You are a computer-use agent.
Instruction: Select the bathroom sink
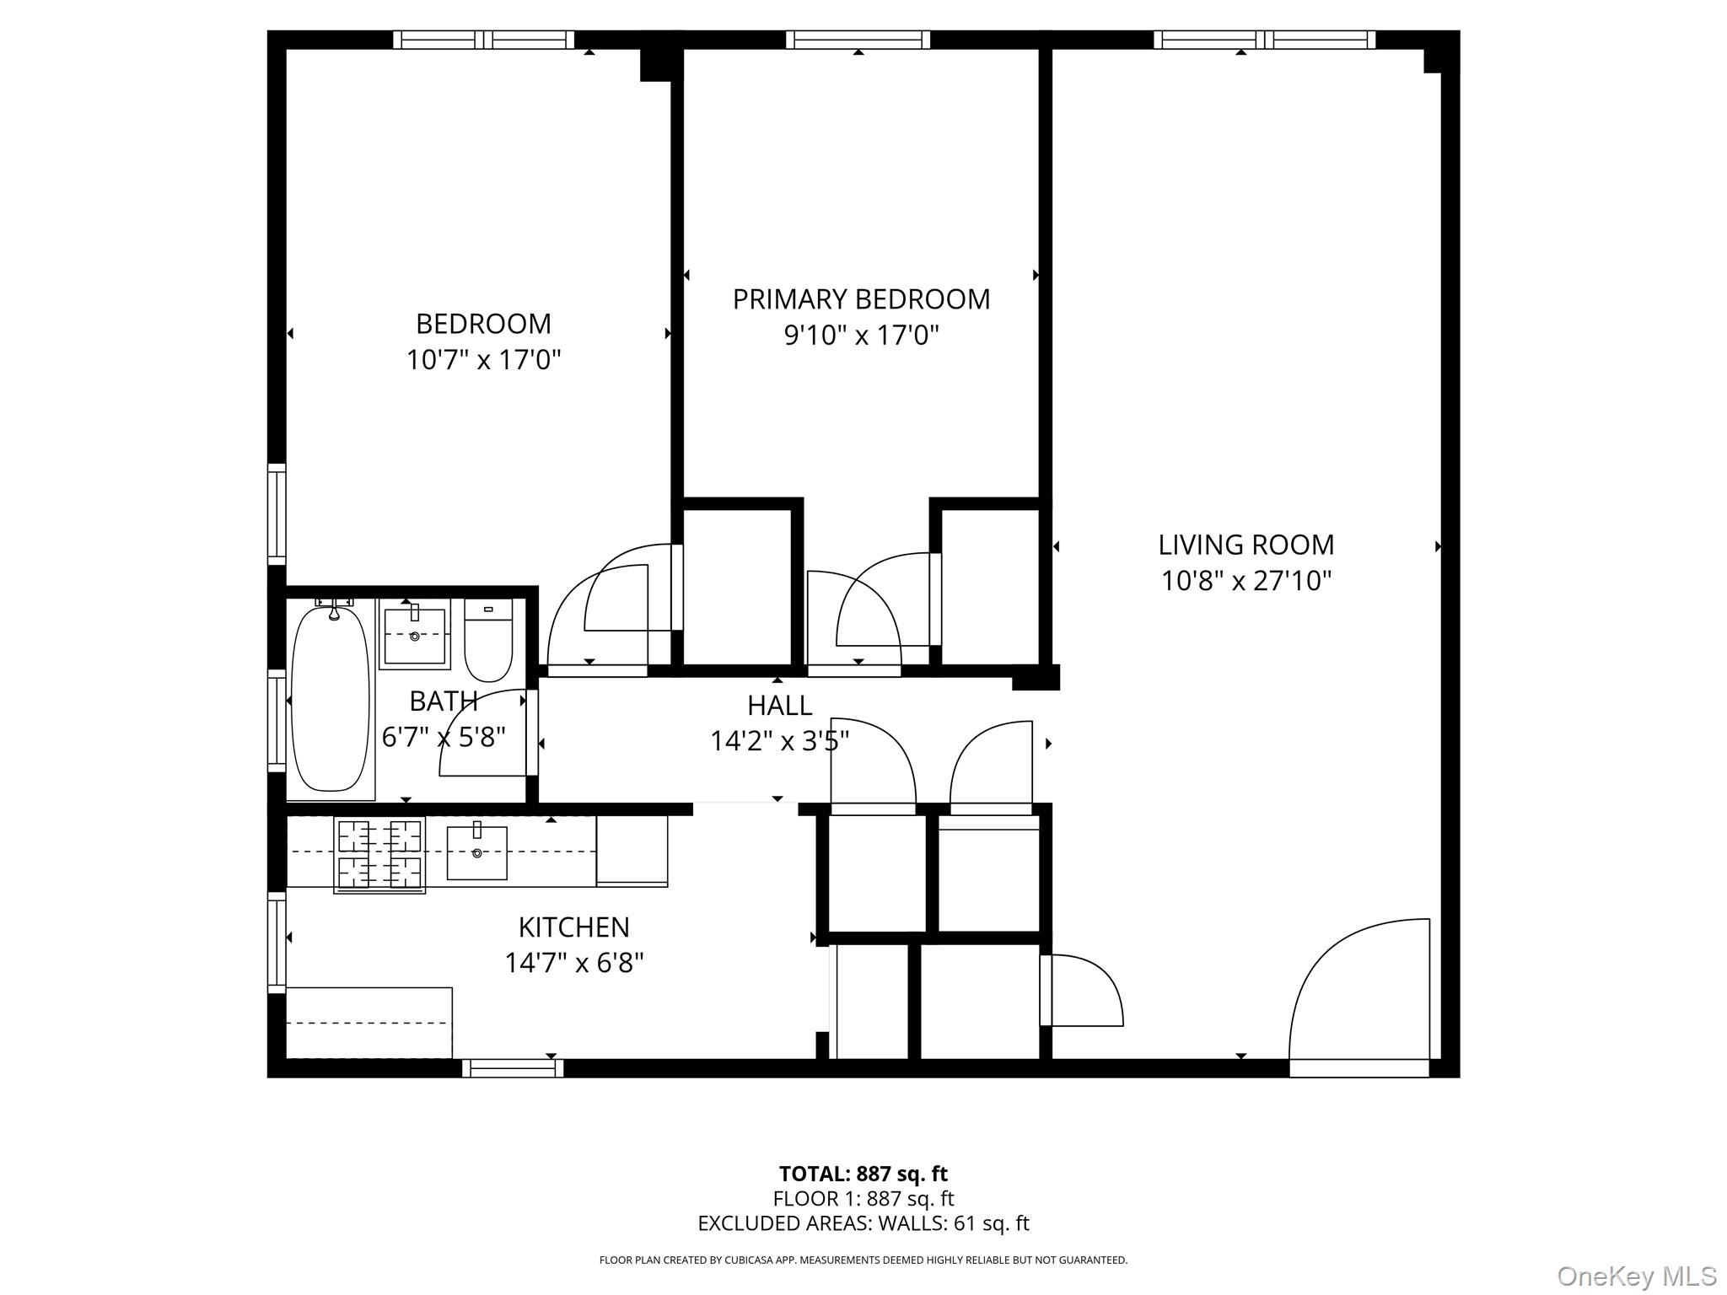click(x=414, y=634)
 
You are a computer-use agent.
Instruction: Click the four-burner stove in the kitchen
click(x=379, y=854)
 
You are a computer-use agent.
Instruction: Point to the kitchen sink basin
click(x=476, y=853)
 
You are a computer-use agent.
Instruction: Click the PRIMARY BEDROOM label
click(x=861, y=299)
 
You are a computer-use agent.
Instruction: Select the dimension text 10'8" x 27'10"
click(x=1245, y=581)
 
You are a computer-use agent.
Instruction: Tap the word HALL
click(x=779, y=705)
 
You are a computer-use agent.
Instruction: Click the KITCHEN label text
click(x=573, y=927)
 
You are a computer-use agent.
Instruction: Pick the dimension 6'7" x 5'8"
click(x=444, y=737)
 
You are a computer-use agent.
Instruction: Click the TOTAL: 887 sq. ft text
click(x=863, y=1174)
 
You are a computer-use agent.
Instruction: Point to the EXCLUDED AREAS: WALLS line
click(x=863, y=1222)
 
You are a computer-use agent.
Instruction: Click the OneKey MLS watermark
click(x=1636, y=1276)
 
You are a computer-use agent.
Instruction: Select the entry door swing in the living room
click(x=1358, y=999)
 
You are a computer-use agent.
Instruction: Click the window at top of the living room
click(x=1264, y=40)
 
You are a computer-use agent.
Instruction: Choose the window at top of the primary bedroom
click(x=858, y=40)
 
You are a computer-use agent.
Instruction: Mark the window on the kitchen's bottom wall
click(x=513, y=1068)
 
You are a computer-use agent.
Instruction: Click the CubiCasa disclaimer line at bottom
click(x=863, y=1260)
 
